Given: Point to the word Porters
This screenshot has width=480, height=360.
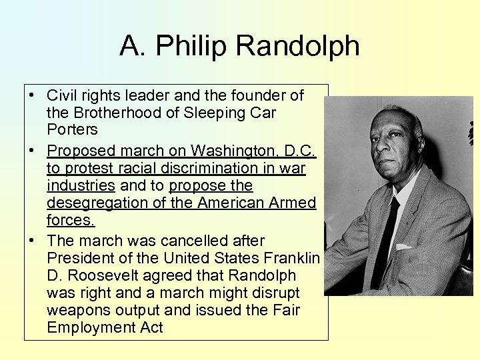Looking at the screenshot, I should coord(72,129).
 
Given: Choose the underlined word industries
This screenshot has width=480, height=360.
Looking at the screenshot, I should coord(81,185).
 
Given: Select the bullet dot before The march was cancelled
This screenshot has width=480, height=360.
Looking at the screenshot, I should coord(31,241).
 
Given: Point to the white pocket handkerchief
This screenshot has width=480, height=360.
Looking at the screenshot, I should coord(404,247).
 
